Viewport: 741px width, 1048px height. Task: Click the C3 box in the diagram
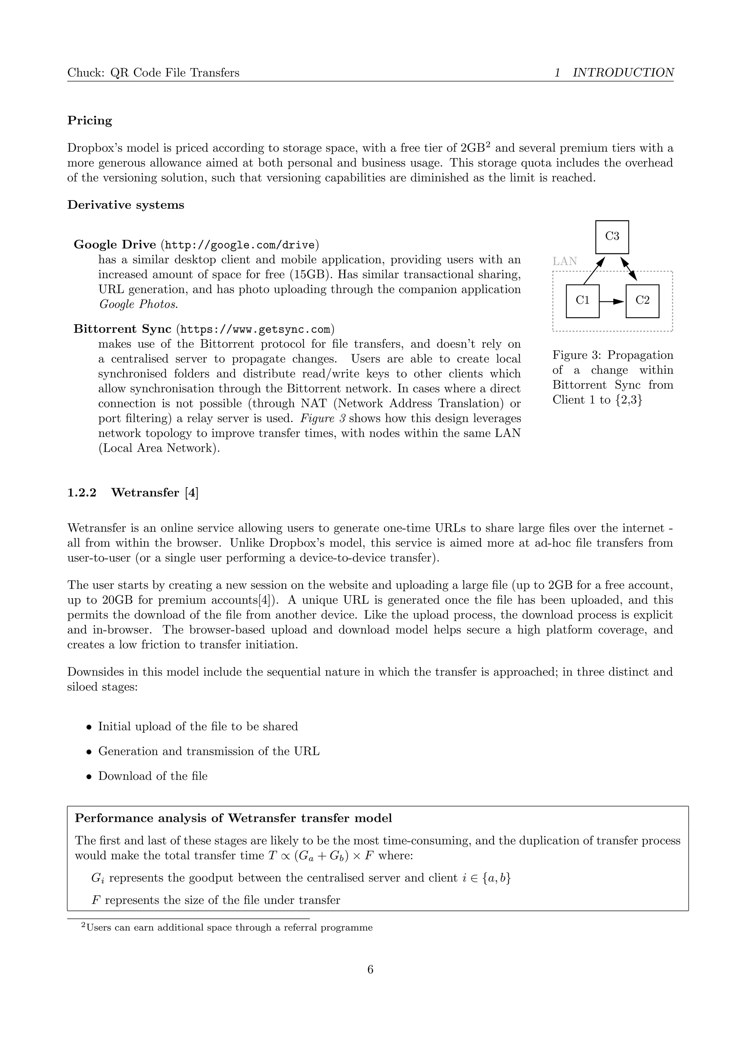click(612, 237)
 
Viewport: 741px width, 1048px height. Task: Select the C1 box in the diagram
click(582, 301)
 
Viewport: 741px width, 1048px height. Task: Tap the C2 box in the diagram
click(642, 301)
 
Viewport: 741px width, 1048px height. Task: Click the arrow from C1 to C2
click(612, 301)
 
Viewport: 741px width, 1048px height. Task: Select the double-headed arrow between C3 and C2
click(628, 269)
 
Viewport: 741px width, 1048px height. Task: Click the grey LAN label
click(564, 261)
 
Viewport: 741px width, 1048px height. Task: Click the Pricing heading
click(89, 121)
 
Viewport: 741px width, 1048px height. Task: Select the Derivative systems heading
click(126, 205)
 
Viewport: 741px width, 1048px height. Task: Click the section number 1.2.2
click(82, 493)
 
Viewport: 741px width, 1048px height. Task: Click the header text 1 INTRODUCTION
click(614, 73)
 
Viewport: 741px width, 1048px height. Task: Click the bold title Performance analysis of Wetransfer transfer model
click(233, 818)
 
